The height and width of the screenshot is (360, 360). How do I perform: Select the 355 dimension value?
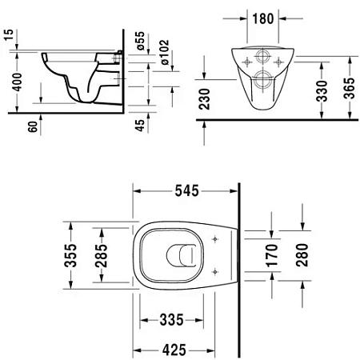[71, 256]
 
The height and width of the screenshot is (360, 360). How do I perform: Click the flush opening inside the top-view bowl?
[182, 255]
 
